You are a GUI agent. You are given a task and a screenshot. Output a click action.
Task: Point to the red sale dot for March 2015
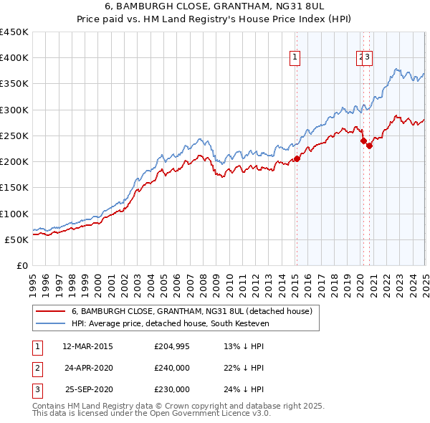[297, 159]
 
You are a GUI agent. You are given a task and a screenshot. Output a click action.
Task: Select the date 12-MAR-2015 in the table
[87, 347]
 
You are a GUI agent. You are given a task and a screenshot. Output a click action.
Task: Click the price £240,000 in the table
[172, 369]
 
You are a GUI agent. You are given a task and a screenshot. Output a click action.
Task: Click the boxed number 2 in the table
[35, 369]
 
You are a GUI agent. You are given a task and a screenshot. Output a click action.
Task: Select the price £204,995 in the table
[172, 347]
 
